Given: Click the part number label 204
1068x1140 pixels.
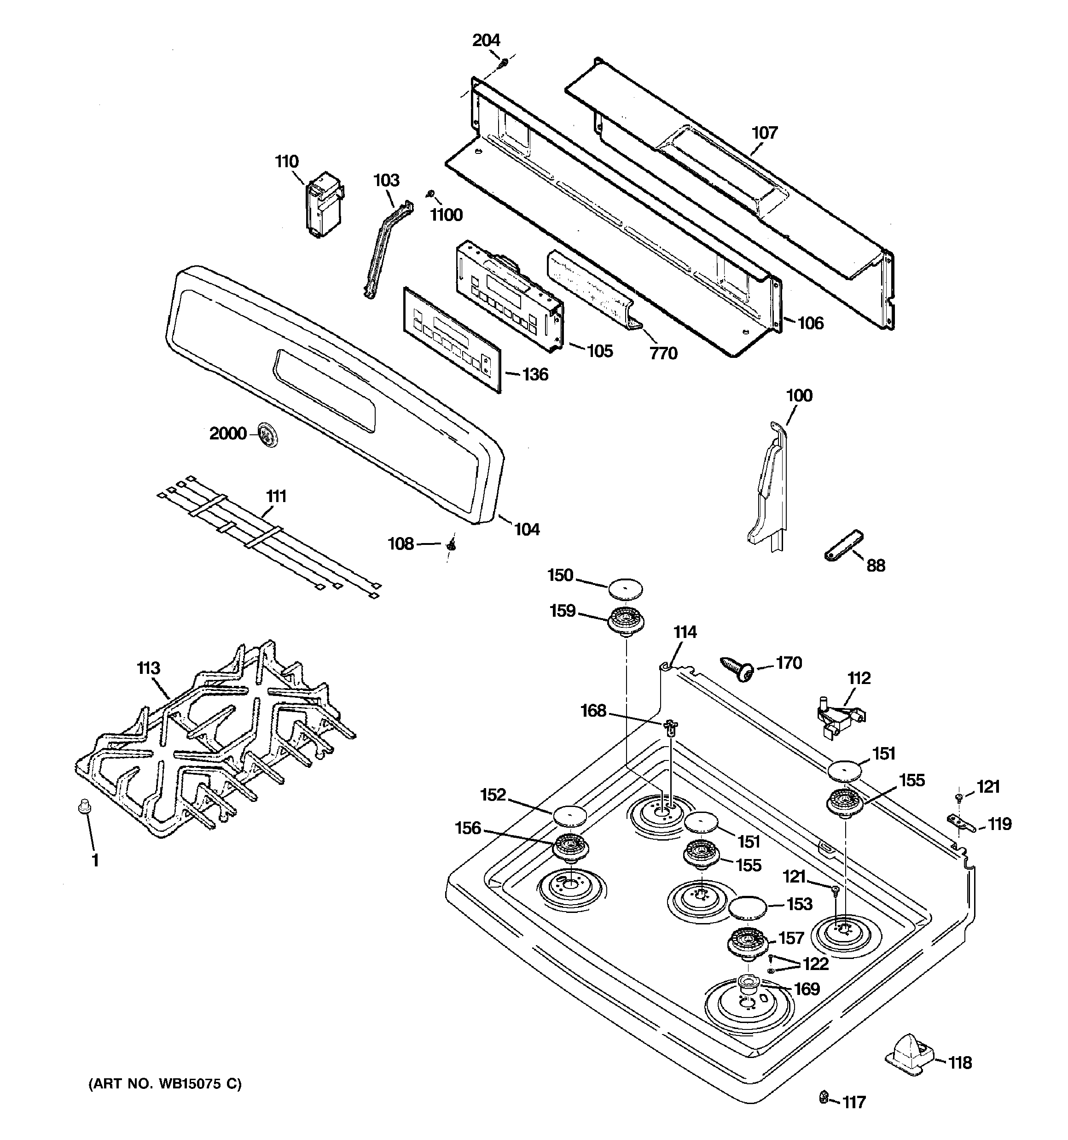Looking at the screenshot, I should coord(486,40).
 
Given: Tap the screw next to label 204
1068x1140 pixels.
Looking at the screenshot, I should coord(505,61).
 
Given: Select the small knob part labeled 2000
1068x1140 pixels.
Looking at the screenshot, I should coord(267,433).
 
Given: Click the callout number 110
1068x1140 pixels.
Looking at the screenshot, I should coord(287,162).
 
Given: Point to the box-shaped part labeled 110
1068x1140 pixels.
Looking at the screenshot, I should coord(323,206).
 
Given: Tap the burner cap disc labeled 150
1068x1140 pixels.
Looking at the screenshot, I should coord(626,588).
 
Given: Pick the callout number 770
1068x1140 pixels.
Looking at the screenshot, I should coord(663,354).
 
